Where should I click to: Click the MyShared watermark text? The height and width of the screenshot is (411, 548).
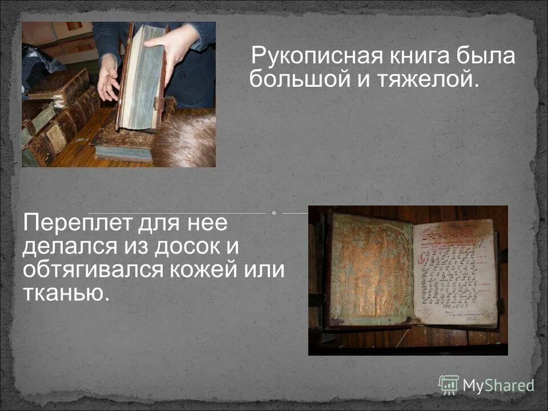point(498,385)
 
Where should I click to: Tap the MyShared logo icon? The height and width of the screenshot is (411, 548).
point(448,385)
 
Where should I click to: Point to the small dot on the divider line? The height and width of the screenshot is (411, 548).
point(274,213)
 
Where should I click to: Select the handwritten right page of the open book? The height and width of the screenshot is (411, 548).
point(454,271)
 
